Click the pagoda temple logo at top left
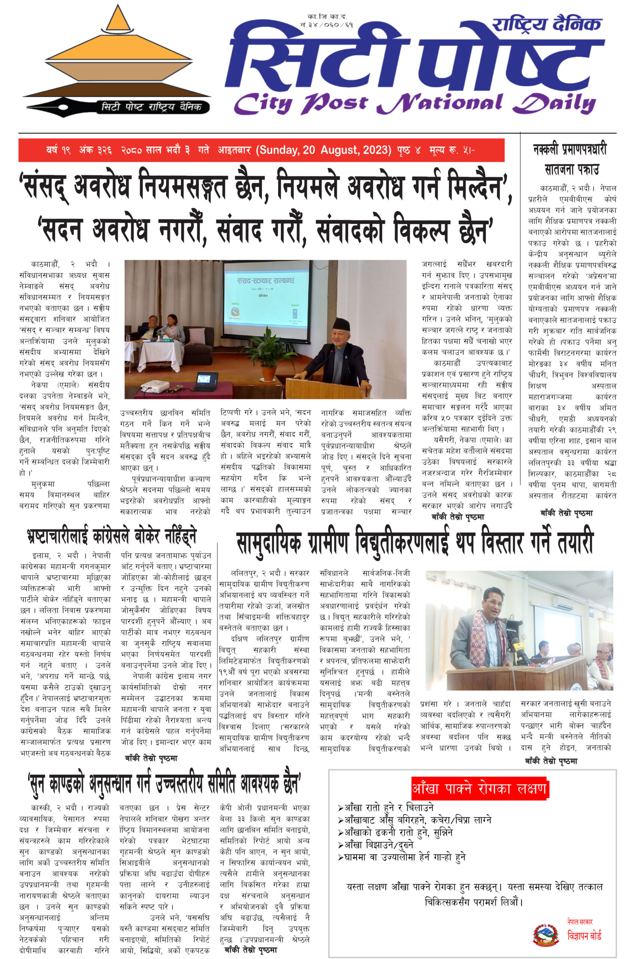(x=117, y=52)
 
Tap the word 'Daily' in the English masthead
(x=554, y=104)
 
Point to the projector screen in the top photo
(x=266, y=298)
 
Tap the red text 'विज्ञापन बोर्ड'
(x=584, y=936)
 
